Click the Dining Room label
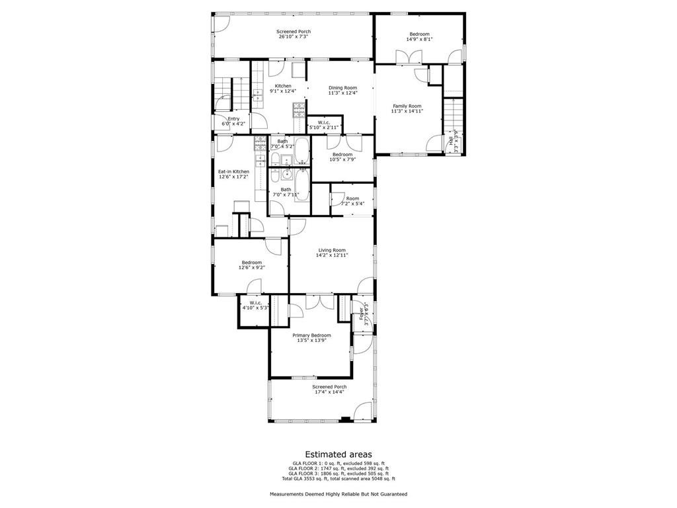click(x=342, y=88)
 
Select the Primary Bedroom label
click(x=311, y=335)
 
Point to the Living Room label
click(x=332, y=250)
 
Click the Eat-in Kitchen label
click(x=233, y=171)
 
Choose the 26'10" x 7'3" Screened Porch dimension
click(x=293, y=37)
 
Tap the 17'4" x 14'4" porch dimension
click(x=329, y=392)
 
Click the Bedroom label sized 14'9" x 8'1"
click(x=418, y=34)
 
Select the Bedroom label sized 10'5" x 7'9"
click(x=342, y=155)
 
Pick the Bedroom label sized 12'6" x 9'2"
click(x=251, y=263)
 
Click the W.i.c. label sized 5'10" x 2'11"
click(x=323, y=122)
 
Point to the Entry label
click(x=233, y=119)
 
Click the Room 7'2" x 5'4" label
click(x=352, y=198)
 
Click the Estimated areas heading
click(x=338, y=454)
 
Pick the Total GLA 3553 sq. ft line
click(x=338, y=478)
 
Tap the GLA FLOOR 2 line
click(x=338, y=468)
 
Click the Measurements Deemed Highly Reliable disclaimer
click(x=338, y=494)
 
